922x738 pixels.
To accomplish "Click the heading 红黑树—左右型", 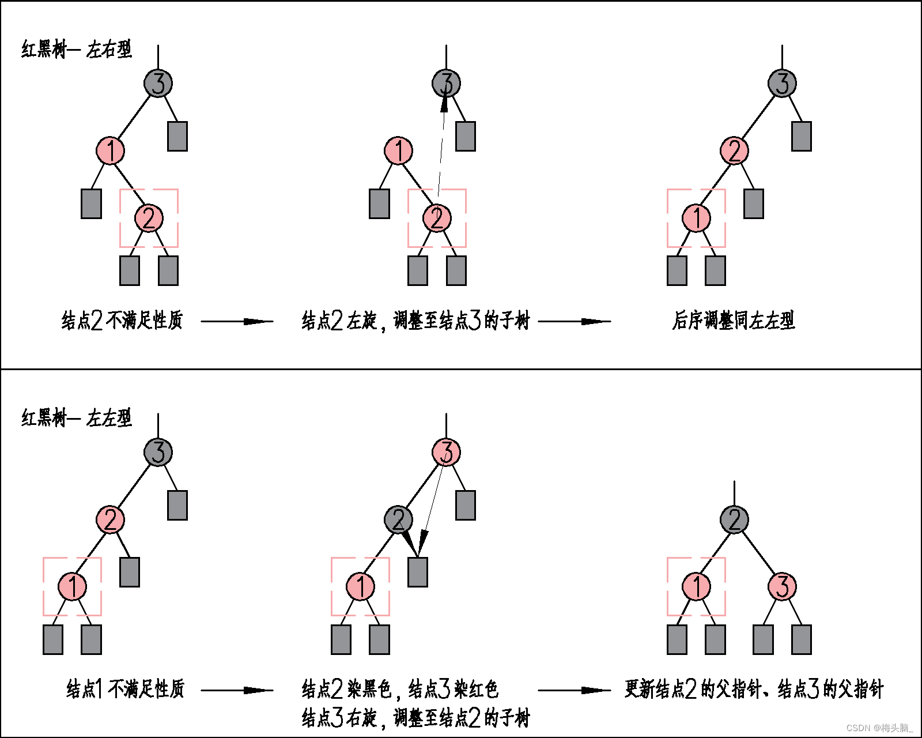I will pyautogui.click(x=77, y=50).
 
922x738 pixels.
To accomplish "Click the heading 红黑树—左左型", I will pyautogui.click(x=77, y=418).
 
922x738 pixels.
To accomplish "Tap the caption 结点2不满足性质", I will pyautogui.click(x=122, y=321).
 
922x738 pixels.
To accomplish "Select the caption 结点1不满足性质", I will pyautogui.click(x=125, y=689).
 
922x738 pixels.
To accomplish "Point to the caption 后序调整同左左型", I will pyautogui.click(x=734, y=321).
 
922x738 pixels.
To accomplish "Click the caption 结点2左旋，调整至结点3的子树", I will pyautogui.click(x=415, y=321).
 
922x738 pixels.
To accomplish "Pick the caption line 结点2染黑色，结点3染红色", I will pyautogui.click(x=400, y=689).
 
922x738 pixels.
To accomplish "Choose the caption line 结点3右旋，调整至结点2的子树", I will pyautogui.click(x=415, y=718).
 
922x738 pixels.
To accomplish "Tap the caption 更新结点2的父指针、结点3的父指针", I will pyautogui.click(x=754, y=689).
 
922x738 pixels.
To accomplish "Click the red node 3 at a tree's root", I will pyautogui.click(x=446, y=452).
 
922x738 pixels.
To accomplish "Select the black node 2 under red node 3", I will pyautogui.click(x=398, y=519).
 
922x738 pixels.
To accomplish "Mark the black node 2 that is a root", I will pyautogui.click(x=734, y=519).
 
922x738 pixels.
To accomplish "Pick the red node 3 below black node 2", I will pyautogui.click(x=782, y=587).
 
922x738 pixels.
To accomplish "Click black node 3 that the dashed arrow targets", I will pyautogui.click(x=446, y=84).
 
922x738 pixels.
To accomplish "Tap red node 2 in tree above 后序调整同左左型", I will pyautogui.click(x=734, y=151).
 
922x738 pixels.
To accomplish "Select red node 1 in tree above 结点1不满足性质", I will pyautogui.click(x=72, y=587).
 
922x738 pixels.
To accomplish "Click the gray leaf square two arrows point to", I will pyautogui.click(x=417, y=572).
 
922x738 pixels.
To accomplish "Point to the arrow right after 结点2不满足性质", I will pyautogui.click(x=237, y=321).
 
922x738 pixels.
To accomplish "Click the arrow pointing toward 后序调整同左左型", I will pyautogui.click(x=574, y=321).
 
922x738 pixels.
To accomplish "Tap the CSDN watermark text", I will pyautogui.click(x=879, y=728).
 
